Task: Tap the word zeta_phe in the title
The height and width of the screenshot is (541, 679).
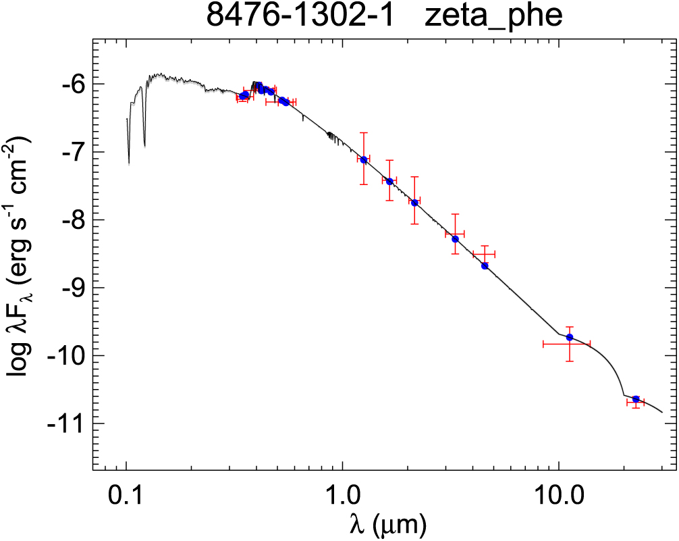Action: [x=493, y=16]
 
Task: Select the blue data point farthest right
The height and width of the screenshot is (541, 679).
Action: [x=636, y=399]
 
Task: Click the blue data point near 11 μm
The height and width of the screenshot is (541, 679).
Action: [x=570, y=337]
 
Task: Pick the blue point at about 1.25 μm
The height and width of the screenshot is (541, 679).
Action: [x=364, y=159]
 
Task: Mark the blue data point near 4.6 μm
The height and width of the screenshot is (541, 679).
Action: [x=485, y=266]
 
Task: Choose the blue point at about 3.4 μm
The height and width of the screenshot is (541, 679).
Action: [x=456, y=239]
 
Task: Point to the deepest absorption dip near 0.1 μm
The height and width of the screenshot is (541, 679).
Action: [x=129, y=163]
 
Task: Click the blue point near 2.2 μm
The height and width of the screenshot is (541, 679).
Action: [x=414, y=203]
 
